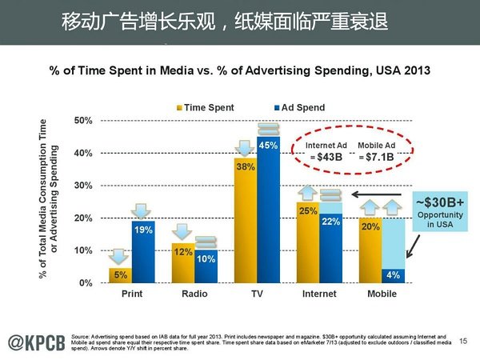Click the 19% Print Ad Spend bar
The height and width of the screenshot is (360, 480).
point(143,252)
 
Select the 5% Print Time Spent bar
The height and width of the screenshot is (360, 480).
point(120,275)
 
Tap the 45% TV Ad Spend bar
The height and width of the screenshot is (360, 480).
point(268,212)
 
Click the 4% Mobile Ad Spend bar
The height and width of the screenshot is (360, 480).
point(393,276)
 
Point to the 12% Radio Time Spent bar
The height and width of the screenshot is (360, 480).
point(183,263)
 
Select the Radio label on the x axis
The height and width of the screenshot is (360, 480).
point(194,294)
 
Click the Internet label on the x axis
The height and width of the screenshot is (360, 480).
point(319,294)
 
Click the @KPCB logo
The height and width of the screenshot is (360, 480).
point(35,340)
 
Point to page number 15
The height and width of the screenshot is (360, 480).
point(463,342)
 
